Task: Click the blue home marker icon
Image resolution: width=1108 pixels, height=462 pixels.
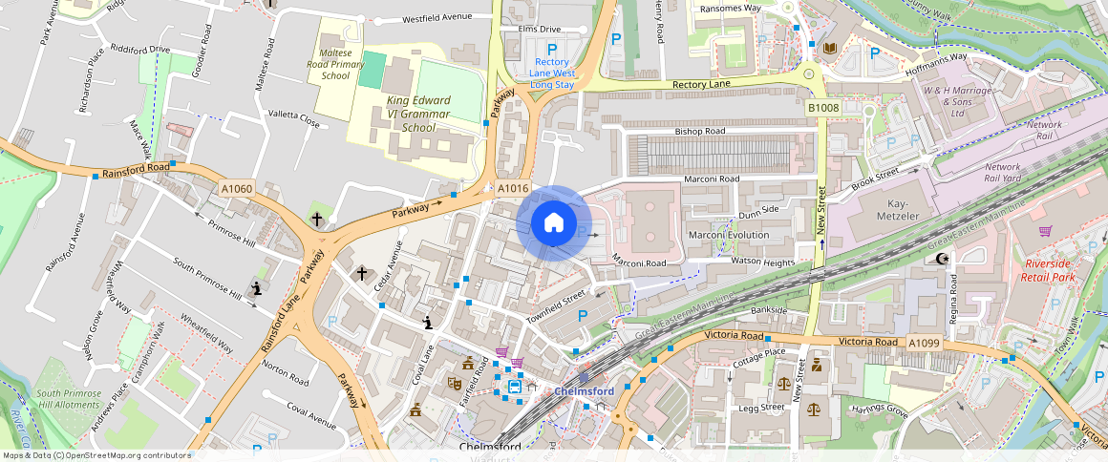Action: (x=553, y=223)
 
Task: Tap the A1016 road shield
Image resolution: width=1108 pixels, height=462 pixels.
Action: (x=512, y=188)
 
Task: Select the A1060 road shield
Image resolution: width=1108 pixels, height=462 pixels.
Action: (x=236, y=189)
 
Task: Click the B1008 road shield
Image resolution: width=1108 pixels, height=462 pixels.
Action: (x=822, y=109)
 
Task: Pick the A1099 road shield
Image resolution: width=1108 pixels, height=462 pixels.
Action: (x=924, y=343)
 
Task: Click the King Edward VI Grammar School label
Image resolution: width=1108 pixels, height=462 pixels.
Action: (x=418, y=114)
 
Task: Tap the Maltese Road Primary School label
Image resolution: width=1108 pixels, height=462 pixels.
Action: (x=335, y=64)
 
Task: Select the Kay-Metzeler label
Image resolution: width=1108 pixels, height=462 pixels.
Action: (x=884, y=210)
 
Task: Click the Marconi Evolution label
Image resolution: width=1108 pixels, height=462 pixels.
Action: (x=729, y=235)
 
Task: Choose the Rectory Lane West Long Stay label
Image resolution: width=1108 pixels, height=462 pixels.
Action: (x=552, y=73)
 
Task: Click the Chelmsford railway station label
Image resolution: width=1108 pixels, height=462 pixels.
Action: (x=584, y=391)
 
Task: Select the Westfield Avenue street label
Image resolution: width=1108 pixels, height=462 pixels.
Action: (x=437, y=18)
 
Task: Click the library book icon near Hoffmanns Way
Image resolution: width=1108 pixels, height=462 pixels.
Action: (x=828, y=47)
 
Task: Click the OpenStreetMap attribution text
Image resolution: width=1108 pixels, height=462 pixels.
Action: (x=96, y=455)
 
